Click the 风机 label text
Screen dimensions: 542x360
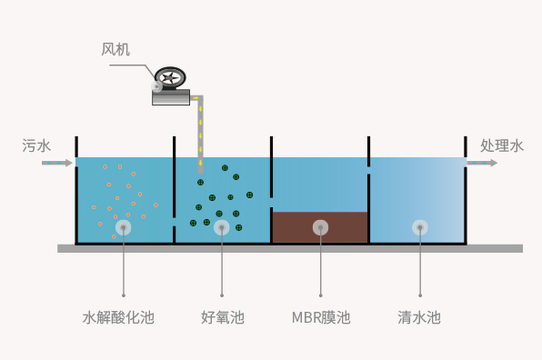point(115,49)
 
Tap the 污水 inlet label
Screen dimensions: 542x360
point(36,145)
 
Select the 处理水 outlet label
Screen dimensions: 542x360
point(502,145)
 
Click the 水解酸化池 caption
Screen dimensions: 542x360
point(118,317)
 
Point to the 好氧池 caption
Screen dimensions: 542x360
point(223,317)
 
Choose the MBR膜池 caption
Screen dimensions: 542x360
point(321,317)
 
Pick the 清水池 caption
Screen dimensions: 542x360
point(419,317)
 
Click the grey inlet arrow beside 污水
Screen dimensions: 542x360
point(57,163)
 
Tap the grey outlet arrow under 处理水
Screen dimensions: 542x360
point(482,163)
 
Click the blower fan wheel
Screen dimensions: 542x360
point(170,78)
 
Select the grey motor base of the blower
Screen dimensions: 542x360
point(171,97)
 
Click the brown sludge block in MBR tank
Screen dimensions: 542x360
point(320,227)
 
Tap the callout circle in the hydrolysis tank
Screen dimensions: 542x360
point(124,227)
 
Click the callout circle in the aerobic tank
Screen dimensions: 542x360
point(222,227)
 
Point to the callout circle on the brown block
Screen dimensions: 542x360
point(320,227)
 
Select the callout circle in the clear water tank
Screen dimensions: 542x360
point(420,227)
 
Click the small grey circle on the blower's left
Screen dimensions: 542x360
point(156,86)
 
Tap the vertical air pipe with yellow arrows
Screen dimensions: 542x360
point(200,135)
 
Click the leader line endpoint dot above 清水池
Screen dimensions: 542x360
point(420,295)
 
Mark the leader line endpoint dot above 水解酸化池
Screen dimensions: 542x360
point(124,295)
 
